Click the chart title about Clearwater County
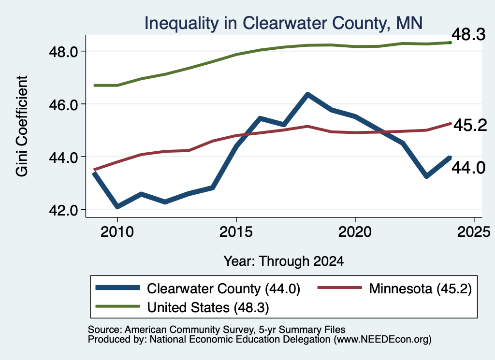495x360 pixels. (283, 23)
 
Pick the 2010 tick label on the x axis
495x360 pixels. (117, 232)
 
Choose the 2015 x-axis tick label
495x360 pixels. (236, 232)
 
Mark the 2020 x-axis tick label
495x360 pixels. (355, 232)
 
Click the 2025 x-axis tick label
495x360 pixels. (474, 232)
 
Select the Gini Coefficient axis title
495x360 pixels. (22, 126)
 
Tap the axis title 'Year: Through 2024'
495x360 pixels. (283, 261)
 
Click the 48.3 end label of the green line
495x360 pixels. (468, 34)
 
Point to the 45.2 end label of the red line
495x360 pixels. (470, 125)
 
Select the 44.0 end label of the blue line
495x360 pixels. (468, 168)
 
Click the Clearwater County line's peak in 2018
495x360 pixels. (307, 94)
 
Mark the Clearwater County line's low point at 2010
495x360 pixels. (117, 207)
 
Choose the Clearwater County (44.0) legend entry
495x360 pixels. (198, 288)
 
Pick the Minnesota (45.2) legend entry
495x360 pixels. (394, 288)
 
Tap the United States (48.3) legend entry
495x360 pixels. (182, 307)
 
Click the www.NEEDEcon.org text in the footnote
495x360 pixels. (381, 340)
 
